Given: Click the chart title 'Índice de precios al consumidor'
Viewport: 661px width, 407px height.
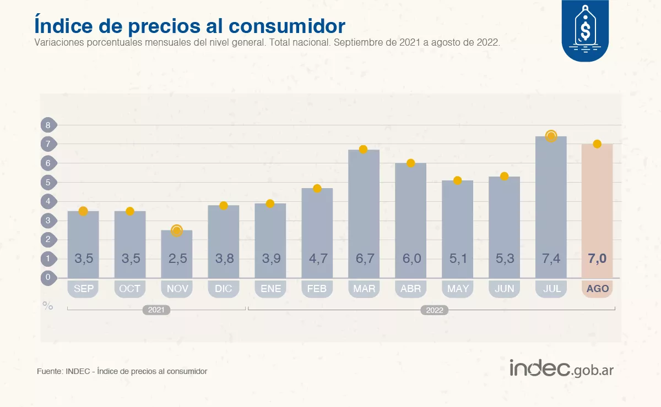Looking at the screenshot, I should click(189, 26).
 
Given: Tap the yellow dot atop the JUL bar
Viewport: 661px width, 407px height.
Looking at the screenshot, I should click(551, 136).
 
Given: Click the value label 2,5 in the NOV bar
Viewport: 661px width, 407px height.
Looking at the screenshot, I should click(177, 258).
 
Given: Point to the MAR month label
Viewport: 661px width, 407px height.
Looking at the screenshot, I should click(364, 289).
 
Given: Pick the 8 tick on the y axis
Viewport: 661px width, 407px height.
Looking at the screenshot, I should click(48, 125).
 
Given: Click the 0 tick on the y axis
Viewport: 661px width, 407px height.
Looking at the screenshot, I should click(48, 277).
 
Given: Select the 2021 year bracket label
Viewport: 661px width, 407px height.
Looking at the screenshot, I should click(156, 310).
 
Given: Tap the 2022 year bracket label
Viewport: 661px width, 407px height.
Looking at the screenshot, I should click(435, 310).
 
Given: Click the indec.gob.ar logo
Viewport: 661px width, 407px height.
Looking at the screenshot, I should click(561, 369).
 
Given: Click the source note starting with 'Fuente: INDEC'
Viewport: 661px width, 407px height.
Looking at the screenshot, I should click(122, 371).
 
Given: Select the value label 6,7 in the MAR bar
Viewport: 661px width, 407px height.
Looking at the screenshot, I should click(364, 258).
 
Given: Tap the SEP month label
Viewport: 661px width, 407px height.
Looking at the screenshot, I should click(84, 289).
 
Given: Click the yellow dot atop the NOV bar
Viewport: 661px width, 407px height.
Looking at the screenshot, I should click(177, 230).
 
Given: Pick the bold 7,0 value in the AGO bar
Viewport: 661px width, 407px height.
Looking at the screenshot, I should click(597, 258).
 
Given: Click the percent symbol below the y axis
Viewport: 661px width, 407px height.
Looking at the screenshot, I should click(48, 306).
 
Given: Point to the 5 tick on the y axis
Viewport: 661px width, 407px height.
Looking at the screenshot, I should click(48, 182).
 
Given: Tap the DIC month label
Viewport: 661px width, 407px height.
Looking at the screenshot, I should click(224, 289).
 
